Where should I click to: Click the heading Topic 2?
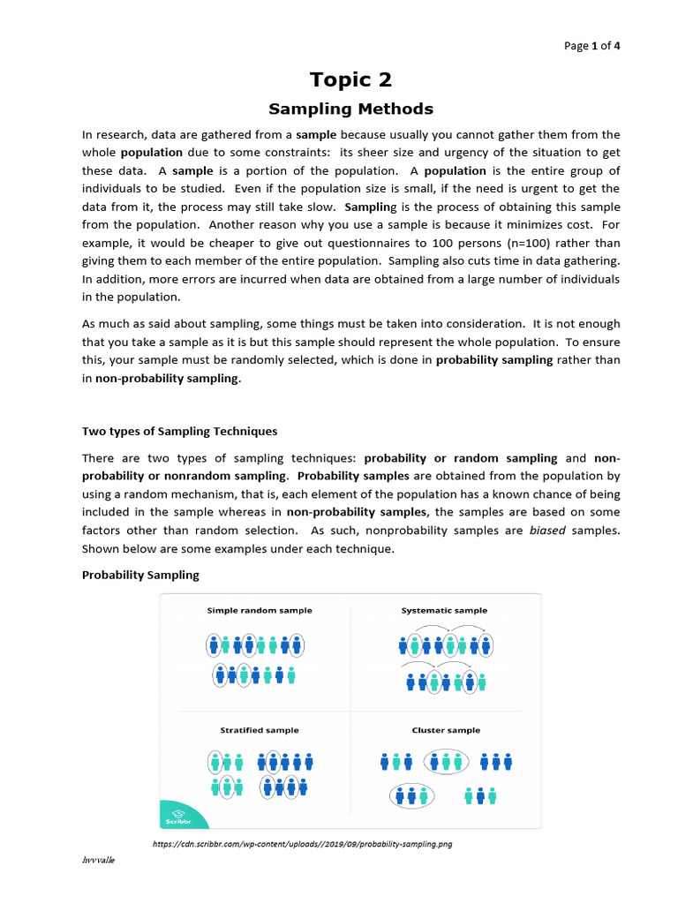[x=350, y=79]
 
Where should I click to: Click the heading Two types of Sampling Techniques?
[x=179, y=432]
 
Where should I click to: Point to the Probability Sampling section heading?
[x=140, y=575]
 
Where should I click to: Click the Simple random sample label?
[x=259, y=610]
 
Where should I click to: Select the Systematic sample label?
[x=444, y=610]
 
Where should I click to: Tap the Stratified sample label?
[x=259, y=730]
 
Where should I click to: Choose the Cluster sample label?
[x=446, y=730]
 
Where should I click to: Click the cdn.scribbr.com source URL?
[x=302, y=844]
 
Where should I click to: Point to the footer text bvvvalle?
[x=98, y=861]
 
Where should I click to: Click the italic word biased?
[x=548, y=530]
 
